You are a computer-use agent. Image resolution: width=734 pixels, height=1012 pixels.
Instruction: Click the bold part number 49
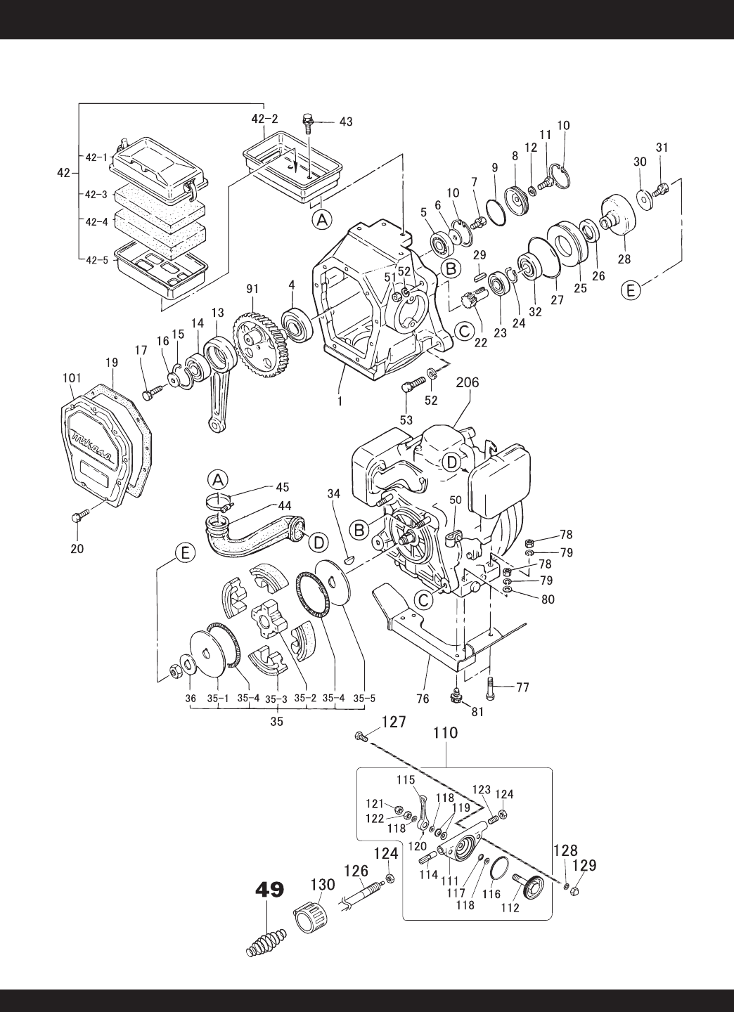270,890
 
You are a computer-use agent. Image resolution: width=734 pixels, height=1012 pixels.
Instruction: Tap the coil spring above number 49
267,937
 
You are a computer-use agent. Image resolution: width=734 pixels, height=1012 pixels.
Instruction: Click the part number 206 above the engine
467,382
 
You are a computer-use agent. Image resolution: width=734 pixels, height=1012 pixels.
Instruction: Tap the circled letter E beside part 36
186,554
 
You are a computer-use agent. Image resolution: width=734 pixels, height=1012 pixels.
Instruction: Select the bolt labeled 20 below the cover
79,517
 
